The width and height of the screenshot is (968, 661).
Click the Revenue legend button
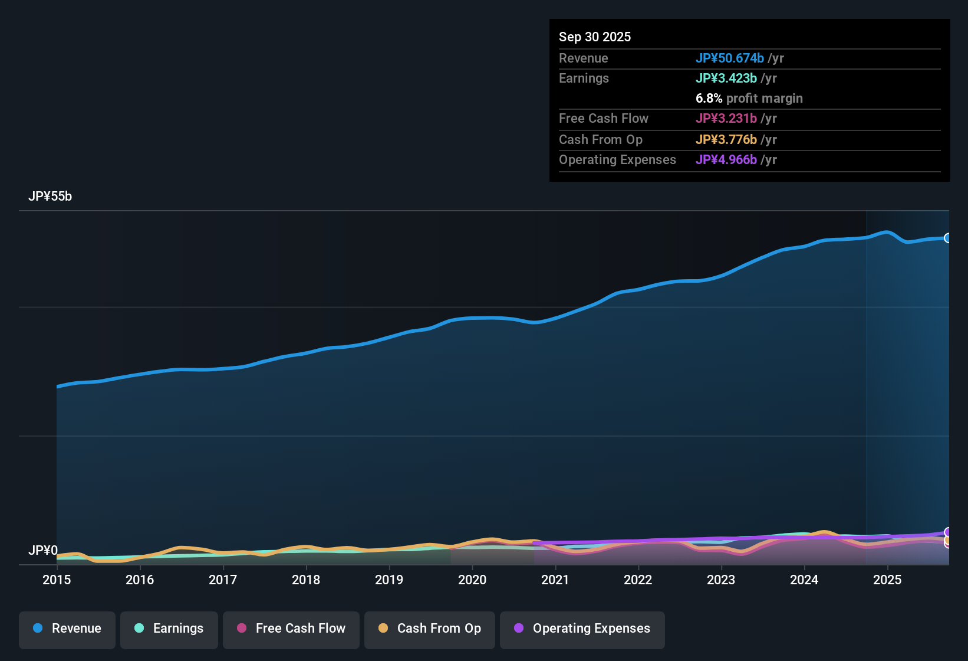click(x=67, y=629)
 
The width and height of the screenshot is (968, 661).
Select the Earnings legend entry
click(x=169, y=629)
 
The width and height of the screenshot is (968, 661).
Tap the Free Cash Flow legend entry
click(x=291, y=629)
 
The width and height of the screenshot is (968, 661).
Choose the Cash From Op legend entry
click(x=430, y=629)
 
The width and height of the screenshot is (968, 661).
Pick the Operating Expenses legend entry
click(x=582, y=629)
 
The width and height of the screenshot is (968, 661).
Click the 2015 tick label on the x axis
click(x=57, y=580)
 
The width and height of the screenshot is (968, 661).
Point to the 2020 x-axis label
click(x=472, y=580)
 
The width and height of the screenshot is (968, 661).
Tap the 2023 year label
click(x=721, y=580)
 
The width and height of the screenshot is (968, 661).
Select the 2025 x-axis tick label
click(x=887, y=580)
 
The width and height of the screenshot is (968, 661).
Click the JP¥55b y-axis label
click(x=50, y=197)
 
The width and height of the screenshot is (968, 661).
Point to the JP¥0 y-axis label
click(x=43, y=551)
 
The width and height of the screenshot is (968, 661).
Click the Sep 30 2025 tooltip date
click(x=595, y=37)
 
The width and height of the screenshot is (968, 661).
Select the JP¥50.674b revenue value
click(x=730, y=58)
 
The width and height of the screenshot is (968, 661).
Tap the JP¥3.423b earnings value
click(x=726, y=78)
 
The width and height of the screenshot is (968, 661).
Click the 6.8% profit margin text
click(x=749, y=98)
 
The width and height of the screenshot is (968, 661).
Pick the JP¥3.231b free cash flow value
click(x=726, y=118)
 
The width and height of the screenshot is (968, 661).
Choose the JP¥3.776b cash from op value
click(x=726, y=139)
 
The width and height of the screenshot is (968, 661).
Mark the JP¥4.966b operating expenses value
click(x=726, y=159)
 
